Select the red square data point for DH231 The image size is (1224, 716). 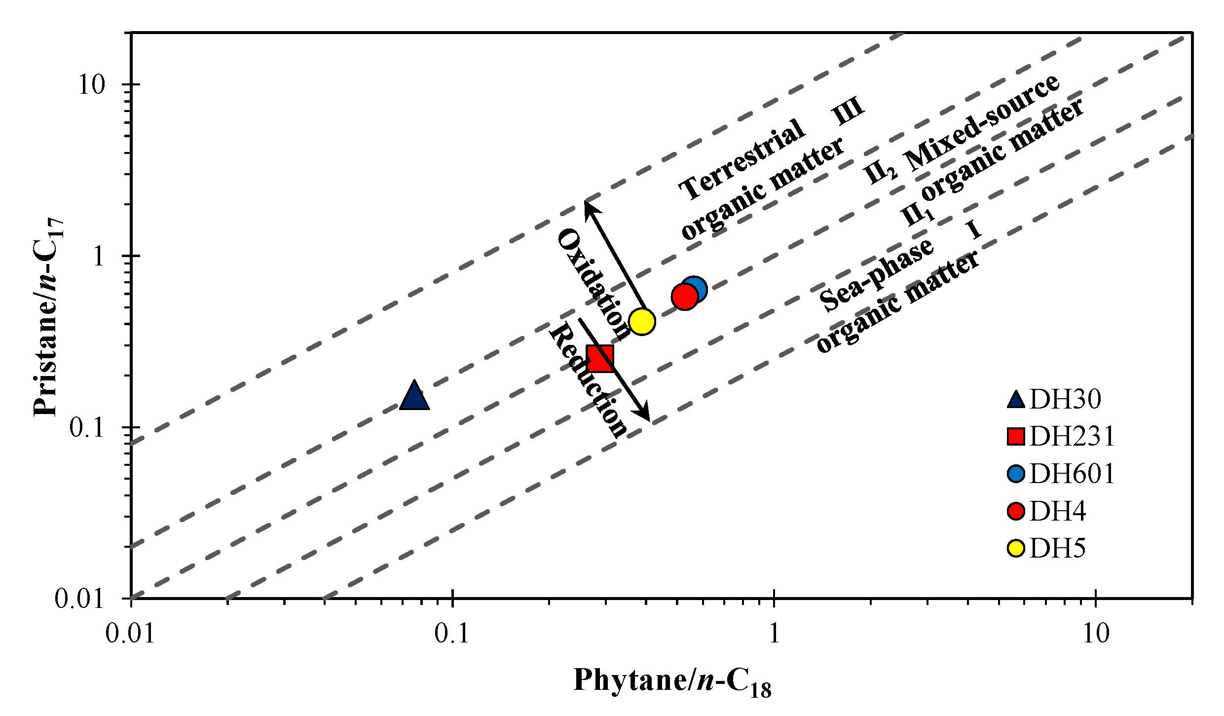(x=600, y=358)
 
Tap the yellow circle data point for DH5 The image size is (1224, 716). (x=642, y=322)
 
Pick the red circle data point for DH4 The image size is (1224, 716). (x=684, y=298)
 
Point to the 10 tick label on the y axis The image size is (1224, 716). (x=92, y=85)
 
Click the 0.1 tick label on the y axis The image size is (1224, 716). (x=87, y=428)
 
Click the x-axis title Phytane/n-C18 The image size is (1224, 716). (x=672, y=681)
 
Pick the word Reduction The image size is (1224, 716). (x=588, y=381)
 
